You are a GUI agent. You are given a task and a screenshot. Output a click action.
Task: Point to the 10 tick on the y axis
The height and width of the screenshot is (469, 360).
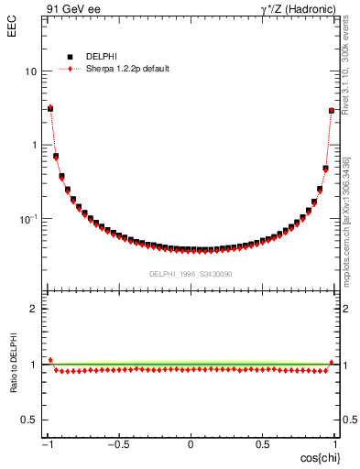click(30, 71)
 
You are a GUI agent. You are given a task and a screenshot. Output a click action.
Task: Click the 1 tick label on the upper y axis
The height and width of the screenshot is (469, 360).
click(33, 146)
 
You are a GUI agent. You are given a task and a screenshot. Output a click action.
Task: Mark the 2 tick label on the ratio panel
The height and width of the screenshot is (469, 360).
click(33, 309)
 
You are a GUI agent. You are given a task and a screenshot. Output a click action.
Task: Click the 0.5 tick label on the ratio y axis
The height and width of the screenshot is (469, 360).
click(28, 420)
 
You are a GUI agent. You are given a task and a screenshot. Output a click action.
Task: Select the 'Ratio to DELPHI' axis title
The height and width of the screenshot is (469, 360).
click(13, 365)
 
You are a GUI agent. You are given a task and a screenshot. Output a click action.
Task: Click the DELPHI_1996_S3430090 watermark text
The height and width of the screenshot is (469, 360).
click(191, 273)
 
